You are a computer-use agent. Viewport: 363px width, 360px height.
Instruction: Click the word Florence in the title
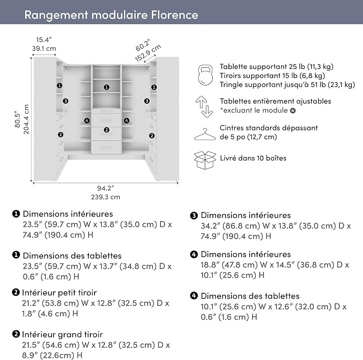coord(175,15)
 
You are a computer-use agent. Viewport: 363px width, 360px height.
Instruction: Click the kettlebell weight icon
coord(205,75)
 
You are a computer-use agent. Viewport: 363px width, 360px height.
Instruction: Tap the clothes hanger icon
coord(205,135)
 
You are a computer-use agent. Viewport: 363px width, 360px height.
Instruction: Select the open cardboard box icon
coord(205,160)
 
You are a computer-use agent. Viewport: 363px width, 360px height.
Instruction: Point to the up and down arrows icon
coord(204,107)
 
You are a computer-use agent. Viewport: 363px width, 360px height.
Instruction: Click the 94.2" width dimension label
coord(105,188)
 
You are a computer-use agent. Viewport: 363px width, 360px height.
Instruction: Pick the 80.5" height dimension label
coord(18,120)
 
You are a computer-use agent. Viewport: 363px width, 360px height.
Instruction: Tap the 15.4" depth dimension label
coord(43,40)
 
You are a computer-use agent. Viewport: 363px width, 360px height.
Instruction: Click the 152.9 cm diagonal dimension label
coord(148,53)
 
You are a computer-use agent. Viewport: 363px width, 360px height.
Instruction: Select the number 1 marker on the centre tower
coord(106,87)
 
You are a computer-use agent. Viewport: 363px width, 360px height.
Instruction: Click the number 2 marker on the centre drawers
coord(106,130)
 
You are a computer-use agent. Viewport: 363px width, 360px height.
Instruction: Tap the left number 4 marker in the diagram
coord(87,121)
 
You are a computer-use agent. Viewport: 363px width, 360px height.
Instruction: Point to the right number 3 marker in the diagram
coord(147,101)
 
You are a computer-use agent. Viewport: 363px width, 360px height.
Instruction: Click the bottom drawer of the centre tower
coord(106,147)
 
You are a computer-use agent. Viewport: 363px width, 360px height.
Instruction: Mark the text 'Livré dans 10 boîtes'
coord(253,158)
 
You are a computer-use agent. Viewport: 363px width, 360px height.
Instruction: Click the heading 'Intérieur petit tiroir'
coord(59,293)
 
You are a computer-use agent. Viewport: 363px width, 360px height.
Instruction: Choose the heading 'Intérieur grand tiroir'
coord(63,334)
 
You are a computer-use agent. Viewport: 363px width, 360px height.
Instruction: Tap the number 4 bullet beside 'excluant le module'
coord(293,111)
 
